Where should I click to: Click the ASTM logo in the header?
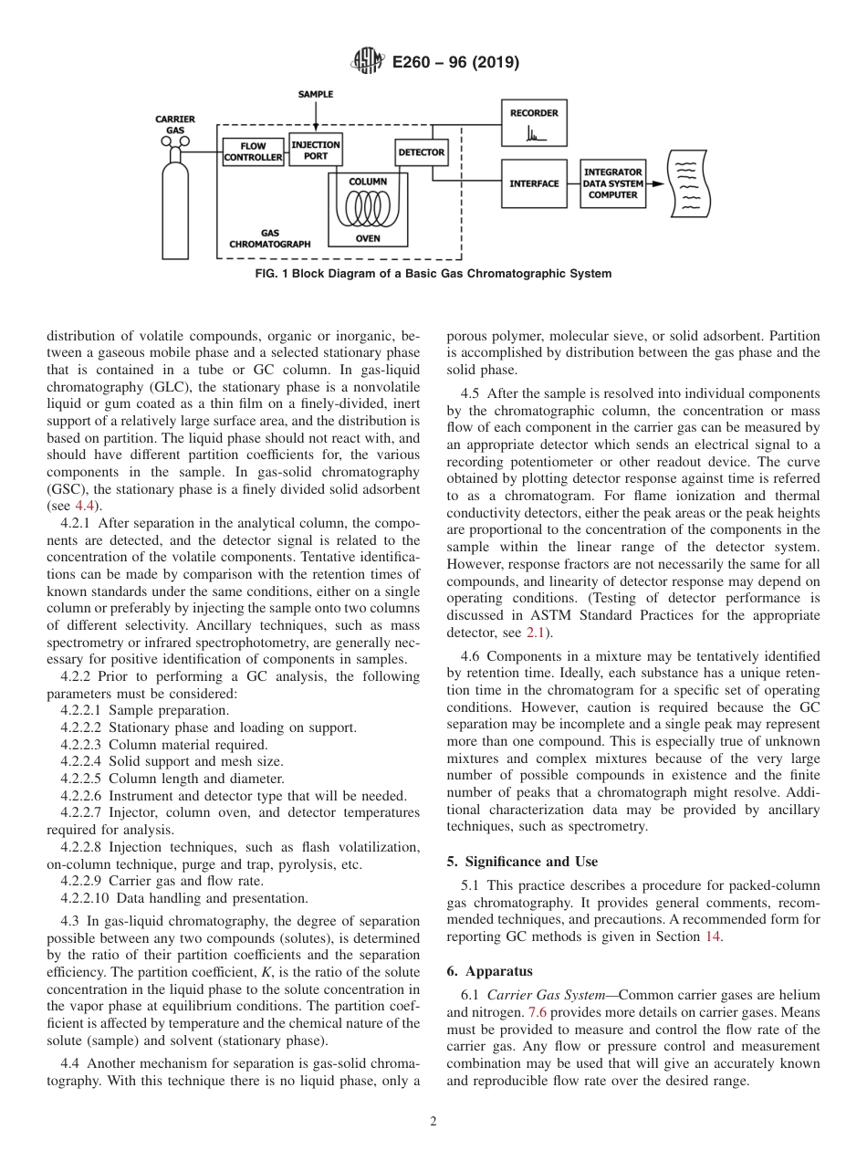point(368,62)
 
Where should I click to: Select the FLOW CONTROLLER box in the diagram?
point(253,152)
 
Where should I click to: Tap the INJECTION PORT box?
point(315,150)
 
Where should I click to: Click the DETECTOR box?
point(421,152)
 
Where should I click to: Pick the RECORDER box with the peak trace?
point(534,123)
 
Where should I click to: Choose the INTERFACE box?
point(534,183)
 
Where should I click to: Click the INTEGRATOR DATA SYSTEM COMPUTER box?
point(612,183)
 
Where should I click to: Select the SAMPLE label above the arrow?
point(316,94)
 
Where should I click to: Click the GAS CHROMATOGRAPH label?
point(269,239)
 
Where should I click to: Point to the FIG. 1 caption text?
point(433,274)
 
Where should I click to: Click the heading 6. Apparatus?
point(490,971)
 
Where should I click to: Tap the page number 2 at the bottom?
point(433,1122)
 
